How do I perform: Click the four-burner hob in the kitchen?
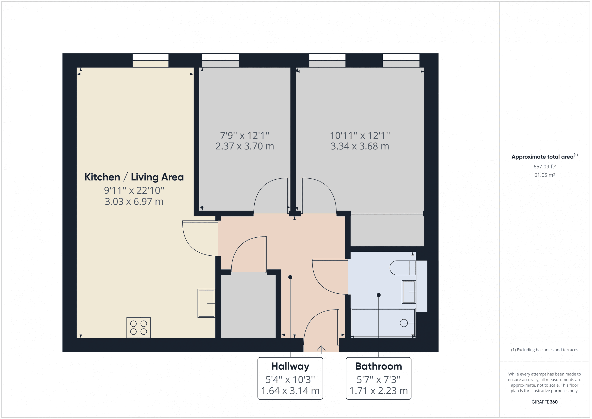click(139, 327)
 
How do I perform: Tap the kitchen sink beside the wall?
click(206, 303)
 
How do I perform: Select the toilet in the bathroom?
click(402, 268)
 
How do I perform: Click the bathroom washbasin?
click(409, 292)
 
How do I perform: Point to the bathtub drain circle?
click(404, 323)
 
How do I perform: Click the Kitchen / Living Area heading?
click(134, 177)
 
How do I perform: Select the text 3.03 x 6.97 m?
click(134, 202)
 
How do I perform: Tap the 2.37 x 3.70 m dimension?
click(245, 146)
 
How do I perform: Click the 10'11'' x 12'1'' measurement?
click(360, 135)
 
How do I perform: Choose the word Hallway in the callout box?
click(290, 366)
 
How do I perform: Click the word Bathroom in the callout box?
click(379, 366)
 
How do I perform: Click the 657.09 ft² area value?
click(545, 167)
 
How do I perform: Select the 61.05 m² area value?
click(545, 175)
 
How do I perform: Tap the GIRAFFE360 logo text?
click(545, 402)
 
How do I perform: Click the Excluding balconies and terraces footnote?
click(545, 350)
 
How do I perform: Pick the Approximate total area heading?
click(543, 157)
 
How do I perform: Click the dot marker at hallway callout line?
click(290, 277)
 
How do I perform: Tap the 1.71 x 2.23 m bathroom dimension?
click(379, 391)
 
